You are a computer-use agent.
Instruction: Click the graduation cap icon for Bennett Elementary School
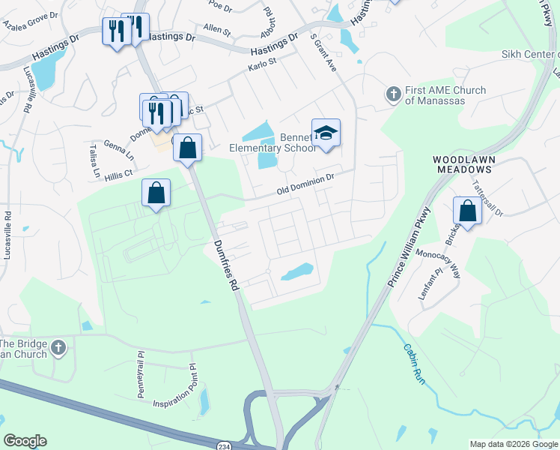point(326,133)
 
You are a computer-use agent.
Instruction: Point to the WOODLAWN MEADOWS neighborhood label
point(464,165)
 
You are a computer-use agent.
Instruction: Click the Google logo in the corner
point(25,441)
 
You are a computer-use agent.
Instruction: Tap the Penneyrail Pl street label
point(140,363)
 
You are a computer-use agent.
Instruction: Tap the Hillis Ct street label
point(118,173)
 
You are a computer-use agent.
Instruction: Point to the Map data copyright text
point(514,444)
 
